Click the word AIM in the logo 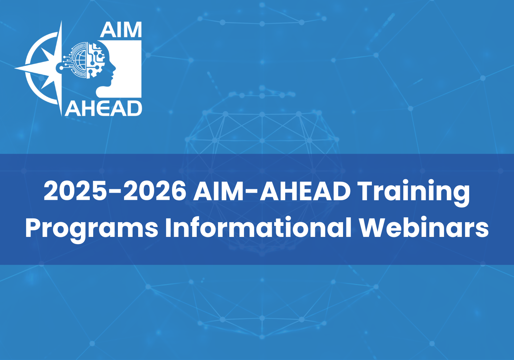click(121, 30)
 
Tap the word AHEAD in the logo click(103, 109)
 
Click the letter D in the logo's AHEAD click(134, 109)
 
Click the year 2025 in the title click(75, 191)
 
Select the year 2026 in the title click(155, 191)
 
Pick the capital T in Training click(366, 191)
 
